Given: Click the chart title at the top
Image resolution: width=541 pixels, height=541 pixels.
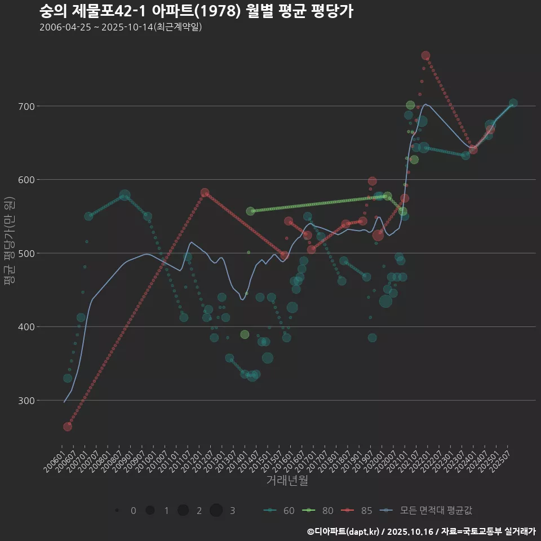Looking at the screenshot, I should click(196, 11).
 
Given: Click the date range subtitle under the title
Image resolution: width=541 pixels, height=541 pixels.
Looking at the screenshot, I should click(121, 27).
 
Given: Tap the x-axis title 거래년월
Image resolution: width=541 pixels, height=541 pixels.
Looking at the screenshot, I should click(287, 481).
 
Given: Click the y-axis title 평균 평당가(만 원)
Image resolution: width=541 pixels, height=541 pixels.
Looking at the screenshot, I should click(10, 241).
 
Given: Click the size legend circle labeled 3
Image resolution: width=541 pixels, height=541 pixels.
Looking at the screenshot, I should click(216, 511).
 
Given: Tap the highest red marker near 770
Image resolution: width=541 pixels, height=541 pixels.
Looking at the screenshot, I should click(425, 55).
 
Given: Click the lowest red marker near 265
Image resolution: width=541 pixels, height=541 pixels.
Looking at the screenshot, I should click(68, 427).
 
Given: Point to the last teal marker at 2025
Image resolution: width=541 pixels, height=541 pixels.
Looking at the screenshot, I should click(513, 103).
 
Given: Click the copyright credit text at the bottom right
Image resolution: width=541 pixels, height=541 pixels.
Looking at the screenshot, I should click(421, 531).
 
